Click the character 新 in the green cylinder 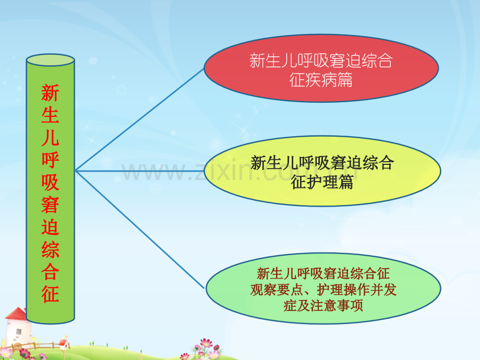50,94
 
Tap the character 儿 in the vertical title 50,138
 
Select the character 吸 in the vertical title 50,182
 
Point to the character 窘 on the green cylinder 50,205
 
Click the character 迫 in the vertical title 50,227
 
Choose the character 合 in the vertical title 50,271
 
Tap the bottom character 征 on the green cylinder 50,294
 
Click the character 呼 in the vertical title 50,160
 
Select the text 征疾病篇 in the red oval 321,80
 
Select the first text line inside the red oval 321,62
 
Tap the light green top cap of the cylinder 50,60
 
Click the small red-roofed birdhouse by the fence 64,342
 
